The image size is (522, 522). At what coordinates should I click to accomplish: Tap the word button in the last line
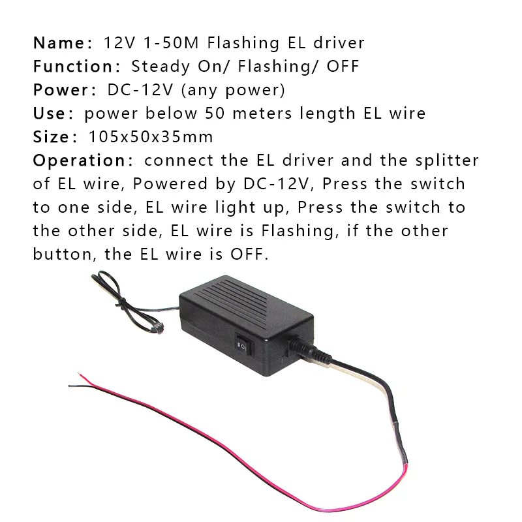click(x=63, y=254)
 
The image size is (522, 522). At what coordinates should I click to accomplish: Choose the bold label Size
click(x=50, y=137)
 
